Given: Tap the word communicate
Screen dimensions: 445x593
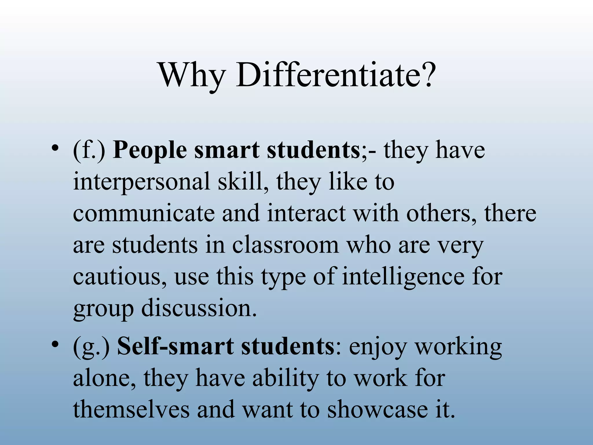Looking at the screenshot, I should point(143,213).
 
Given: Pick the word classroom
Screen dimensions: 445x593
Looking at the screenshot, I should point(285,245).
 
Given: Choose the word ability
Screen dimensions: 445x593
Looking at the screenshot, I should point(285,378).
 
